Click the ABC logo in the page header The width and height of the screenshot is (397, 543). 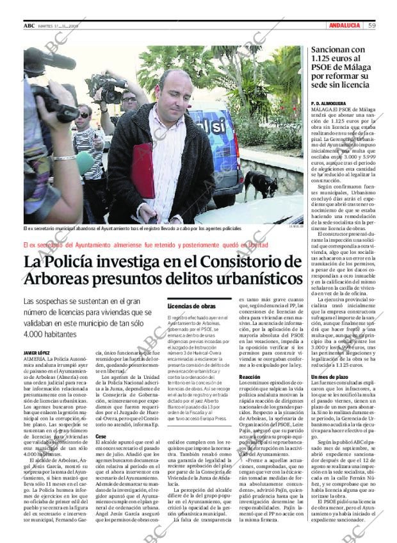29,26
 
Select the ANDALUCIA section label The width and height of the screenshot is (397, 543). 344,26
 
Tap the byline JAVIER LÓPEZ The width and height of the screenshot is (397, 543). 36,353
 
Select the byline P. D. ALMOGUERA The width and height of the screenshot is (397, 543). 328,103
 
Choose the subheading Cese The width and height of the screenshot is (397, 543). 101,436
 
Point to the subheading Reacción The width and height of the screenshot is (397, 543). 249,377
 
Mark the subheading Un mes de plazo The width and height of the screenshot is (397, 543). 329,377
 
